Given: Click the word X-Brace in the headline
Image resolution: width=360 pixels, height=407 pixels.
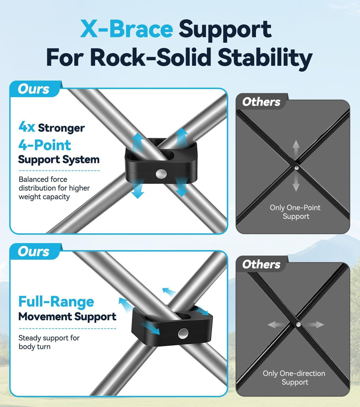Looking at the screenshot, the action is [x=127, y=28].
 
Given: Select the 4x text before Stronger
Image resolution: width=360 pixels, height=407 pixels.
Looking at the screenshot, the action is [x=27, y=127].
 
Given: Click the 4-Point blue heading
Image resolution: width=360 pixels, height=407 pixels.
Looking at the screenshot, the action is [x=45, y=145].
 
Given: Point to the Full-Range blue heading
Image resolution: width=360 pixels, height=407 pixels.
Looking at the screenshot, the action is [x=56, y=302].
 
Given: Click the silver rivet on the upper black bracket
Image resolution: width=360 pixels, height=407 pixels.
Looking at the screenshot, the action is [x=161, y=174].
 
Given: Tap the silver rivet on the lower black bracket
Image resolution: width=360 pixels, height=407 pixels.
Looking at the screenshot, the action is [x=183, y=334].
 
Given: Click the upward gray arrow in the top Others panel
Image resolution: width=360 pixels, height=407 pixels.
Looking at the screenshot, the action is [x=296, y=149].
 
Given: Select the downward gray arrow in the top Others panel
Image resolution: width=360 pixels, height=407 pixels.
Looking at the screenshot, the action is [x=296, y=183].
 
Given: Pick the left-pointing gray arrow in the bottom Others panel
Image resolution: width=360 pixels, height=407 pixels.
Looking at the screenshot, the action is [x=277, y=324].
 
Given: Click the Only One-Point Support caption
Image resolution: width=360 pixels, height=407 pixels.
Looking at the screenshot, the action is [x=295, y=212].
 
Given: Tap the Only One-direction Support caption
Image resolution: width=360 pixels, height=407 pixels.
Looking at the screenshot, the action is [x=294, y=378].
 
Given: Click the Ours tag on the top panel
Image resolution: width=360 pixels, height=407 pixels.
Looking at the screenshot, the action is [x=33, y=89].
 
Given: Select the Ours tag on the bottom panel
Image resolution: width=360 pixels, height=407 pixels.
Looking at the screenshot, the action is [x=33, y=252].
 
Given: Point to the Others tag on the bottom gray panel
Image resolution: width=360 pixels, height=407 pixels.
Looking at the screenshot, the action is [x=261, y=264].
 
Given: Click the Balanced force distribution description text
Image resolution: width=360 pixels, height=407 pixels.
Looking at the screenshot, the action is [x=54, y=188].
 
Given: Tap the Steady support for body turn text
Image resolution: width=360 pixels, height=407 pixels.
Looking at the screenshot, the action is [x=49, y=342].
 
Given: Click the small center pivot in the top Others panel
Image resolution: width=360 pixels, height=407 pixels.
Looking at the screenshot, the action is [x=296, y=168].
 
